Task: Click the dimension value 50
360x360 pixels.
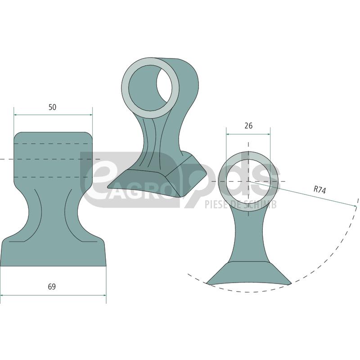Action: [x=53, y=107]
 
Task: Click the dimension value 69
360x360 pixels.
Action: [x=52, y=287]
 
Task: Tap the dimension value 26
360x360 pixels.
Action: [x=248, y=126]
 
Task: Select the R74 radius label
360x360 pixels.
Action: [x=319, y=190]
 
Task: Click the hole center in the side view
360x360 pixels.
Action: [x=248, y=181]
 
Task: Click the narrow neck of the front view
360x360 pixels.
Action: [x=53, y=211]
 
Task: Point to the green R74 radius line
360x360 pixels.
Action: [x=306, y=195]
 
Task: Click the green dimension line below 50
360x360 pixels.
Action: [x=53, y=115]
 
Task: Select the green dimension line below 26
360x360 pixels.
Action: [x=248, y=134]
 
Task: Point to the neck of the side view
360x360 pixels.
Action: [x=248, y=234]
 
